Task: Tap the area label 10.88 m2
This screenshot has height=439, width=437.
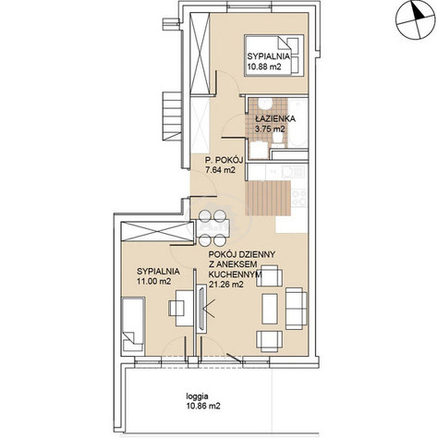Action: (264, 67)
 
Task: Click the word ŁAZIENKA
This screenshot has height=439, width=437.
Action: (275, 118)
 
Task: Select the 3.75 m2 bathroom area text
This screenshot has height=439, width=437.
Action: (270, 129)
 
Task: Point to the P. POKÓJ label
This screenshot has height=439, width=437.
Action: (225, 160)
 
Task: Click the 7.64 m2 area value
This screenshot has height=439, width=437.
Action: (221, 170)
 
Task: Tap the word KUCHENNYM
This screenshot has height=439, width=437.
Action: (235, 274)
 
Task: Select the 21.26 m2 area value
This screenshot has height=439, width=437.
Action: (226, 285)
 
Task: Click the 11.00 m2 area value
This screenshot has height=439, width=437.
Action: (154, 281)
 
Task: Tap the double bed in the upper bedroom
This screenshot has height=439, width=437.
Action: (274, 55)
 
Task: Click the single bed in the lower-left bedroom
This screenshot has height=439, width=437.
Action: (133, 324)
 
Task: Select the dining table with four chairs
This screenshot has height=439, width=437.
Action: (212, 228)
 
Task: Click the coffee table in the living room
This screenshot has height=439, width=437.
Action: (270, 309)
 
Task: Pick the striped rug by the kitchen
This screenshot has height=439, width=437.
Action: (268, 198)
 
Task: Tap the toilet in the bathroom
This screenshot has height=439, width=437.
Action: (279, 140)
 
